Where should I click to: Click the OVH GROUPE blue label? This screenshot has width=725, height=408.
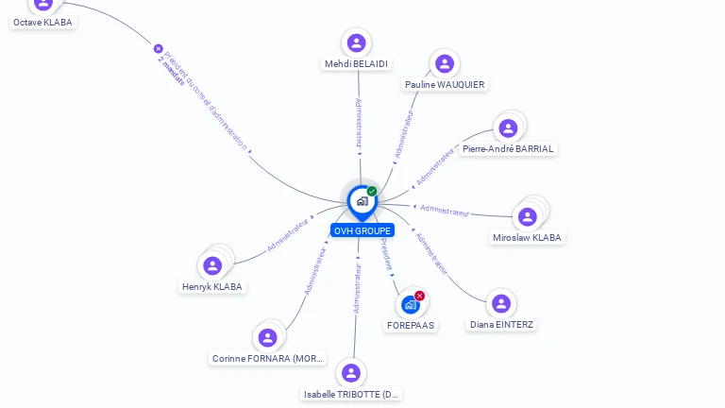pos(362,230)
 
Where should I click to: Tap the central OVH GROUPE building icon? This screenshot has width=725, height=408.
pos(362,201)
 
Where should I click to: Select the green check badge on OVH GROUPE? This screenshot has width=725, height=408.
pos(372,192)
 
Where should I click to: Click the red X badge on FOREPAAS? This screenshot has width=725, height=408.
pos(420,296)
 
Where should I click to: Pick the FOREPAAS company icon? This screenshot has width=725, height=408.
pos(410,304)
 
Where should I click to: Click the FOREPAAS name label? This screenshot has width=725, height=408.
pos(411,325)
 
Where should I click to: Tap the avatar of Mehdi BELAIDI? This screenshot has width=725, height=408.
pos(356,42)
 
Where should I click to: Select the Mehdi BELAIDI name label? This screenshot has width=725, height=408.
pos(356,64)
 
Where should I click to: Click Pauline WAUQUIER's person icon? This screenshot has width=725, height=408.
pos(445,63)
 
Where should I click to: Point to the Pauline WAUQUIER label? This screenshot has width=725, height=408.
pos(445,85)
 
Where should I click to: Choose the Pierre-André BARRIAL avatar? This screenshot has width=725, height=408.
pos(508,127)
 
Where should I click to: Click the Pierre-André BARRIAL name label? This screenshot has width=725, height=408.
pos(508,149)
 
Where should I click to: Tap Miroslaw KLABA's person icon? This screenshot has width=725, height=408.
pos(528,216)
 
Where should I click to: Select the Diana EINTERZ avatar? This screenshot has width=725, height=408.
pos(501,303)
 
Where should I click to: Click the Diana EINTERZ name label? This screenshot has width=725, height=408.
pos(501,325)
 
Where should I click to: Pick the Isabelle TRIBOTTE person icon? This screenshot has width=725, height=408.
pos(351,373)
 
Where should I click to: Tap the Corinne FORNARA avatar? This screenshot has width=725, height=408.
pos(267,337)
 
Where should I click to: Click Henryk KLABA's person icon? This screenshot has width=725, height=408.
pos(212,265)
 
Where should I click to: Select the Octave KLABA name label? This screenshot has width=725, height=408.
pos(43,22)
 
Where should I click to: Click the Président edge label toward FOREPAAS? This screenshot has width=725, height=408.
pos(386,255)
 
